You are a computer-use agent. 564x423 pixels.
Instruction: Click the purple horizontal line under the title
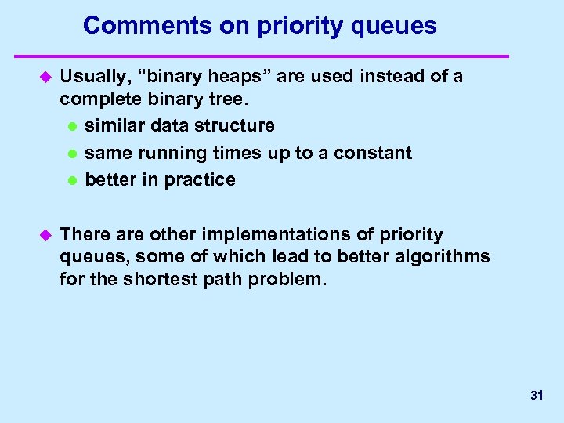262,56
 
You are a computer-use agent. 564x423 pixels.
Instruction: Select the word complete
95,99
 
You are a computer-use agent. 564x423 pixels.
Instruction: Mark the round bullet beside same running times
72,154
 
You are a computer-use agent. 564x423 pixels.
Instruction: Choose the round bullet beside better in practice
72,181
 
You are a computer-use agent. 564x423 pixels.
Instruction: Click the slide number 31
537,396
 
